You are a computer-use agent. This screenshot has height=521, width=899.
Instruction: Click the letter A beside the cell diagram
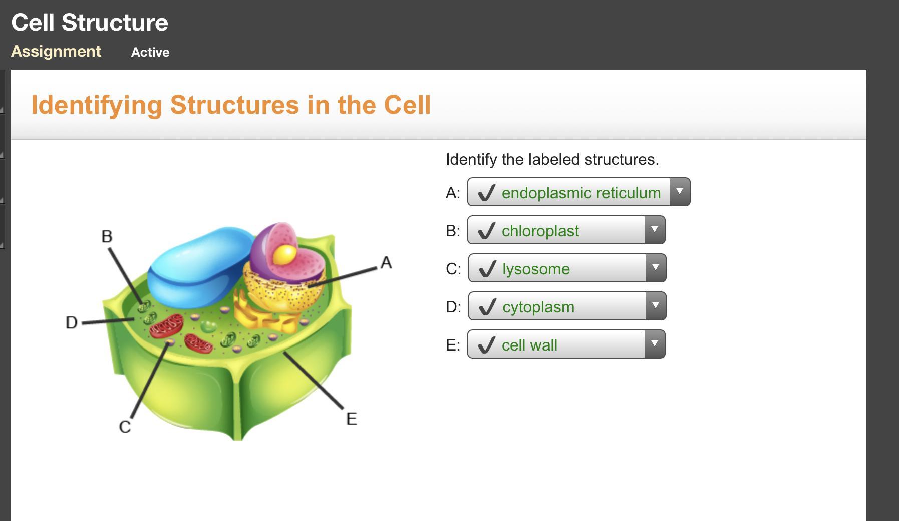[386, 262]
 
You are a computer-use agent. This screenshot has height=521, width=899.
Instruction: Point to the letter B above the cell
[107, 236]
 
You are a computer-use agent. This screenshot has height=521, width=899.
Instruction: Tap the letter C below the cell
[125, 427]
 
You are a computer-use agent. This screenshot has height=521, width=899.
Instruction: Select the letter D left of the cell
[72, 322]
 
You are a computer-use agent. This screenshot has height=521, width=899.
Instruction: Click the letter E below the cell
[352, 419]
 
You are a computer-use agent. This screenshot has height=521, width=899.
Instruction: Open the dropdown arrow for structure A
[680, 191]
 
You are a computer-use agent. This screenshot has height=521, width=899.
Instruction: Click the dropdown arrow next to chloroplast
[655, 229]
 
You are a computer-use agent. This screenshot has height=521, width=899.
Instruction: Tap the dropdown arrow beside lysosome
[656, 267]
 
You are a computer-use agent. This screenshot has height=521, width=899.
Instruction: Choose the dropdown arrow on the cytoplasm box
[656, 305]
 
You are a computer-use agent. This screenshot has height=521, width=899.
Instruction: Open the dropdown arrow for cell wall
[655, 343]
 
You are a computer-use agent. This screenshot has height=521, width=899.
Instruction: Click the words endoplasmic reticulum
[581, 193]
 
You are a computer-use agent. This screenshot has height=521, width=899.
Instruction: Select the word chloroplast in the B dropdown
[540, 231]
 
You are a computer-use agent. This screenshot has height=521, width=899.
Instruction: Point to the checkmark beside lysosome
[487, 269]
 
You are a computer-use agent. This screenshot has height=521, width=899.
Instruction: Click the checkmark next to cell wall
[486, 345]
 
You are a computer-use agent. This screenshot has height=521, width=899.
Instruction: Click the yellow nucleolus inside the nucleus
[284, 255]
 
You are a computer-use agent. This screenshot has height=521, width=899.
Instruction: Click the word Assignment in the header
[56, 52]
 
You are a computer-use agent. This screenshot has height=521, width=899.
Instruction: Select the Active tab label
[150, 52]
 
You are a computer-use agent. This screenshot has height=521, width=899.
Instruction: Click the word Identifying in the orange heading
[97, 106]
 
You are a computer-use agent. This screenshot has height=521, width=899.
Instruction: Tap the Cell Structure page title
[90, 23]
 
